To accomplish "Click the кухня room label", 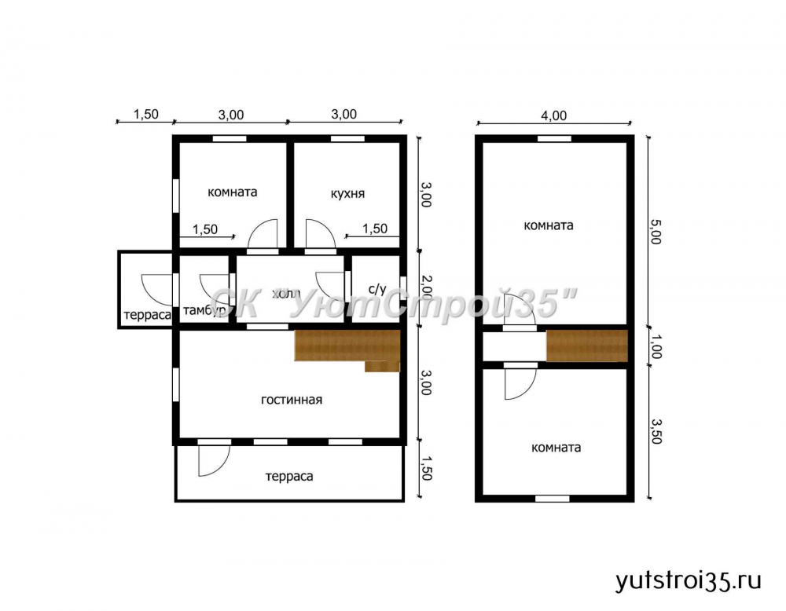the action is [347, 194].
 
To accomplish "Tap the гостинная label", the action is [292, 400].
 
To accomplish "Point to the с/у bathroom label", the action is [377, 289].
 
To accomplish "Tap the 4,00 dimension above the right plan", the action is [553, 115].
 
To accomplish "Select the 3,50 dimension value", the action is [656, 431].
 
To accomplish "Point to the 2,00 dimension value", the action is [426, 287].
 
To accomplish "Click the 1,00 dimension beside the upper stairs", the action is [656, 346].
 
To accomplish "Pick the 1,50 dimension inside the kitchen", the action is [374, 229].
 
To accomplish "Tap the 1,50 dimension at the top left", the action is [146, 114].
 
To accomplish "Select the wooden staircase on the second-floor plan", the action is [587, 345].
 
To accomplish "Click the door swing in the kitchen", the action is [320, 233].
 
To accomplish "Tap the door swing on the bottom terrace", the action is [214, 461].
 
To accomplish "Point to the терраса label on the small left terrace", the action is [148, 316].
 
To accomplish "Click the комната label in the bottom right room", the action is [556, 447].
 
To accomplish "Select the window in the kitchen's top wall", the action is [347, 139].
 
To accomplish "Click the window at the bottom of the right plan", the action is [552, 499].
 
